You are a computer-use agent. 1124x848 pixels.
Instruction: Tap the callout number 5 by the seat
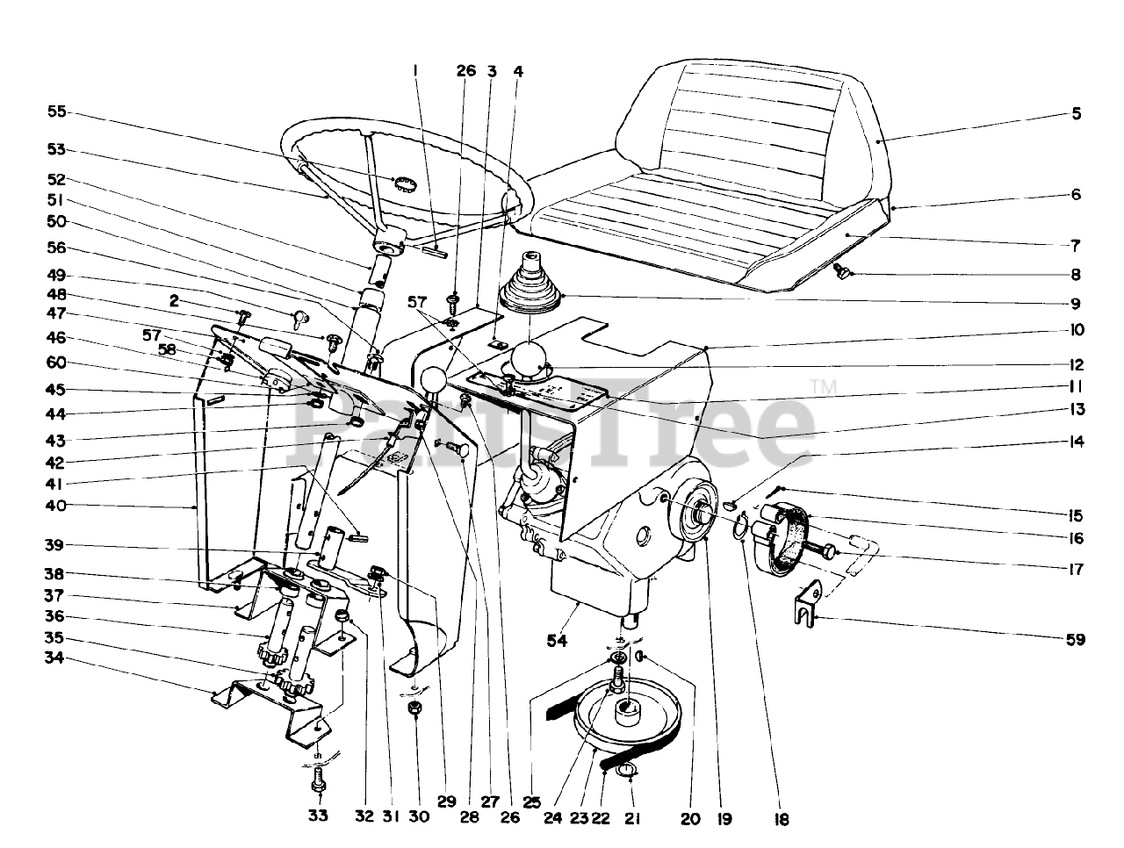click(1076, 113)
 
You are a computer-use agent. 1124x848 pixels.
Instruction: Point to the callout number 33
click(318, 816)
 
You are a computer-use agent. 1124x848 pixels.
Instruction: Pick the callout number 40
click(57, 506)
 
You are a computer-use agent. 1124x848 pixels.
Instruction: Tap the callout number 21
click(632, 818)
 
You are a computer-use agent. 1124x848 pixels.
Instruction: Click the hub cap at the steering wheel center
click(404, 183)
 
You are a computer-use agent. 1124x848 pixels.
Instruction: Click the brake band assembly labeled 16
click(786, 536)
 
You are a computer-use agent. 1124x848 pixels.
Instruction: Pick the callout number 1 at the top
click(417, 70)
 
